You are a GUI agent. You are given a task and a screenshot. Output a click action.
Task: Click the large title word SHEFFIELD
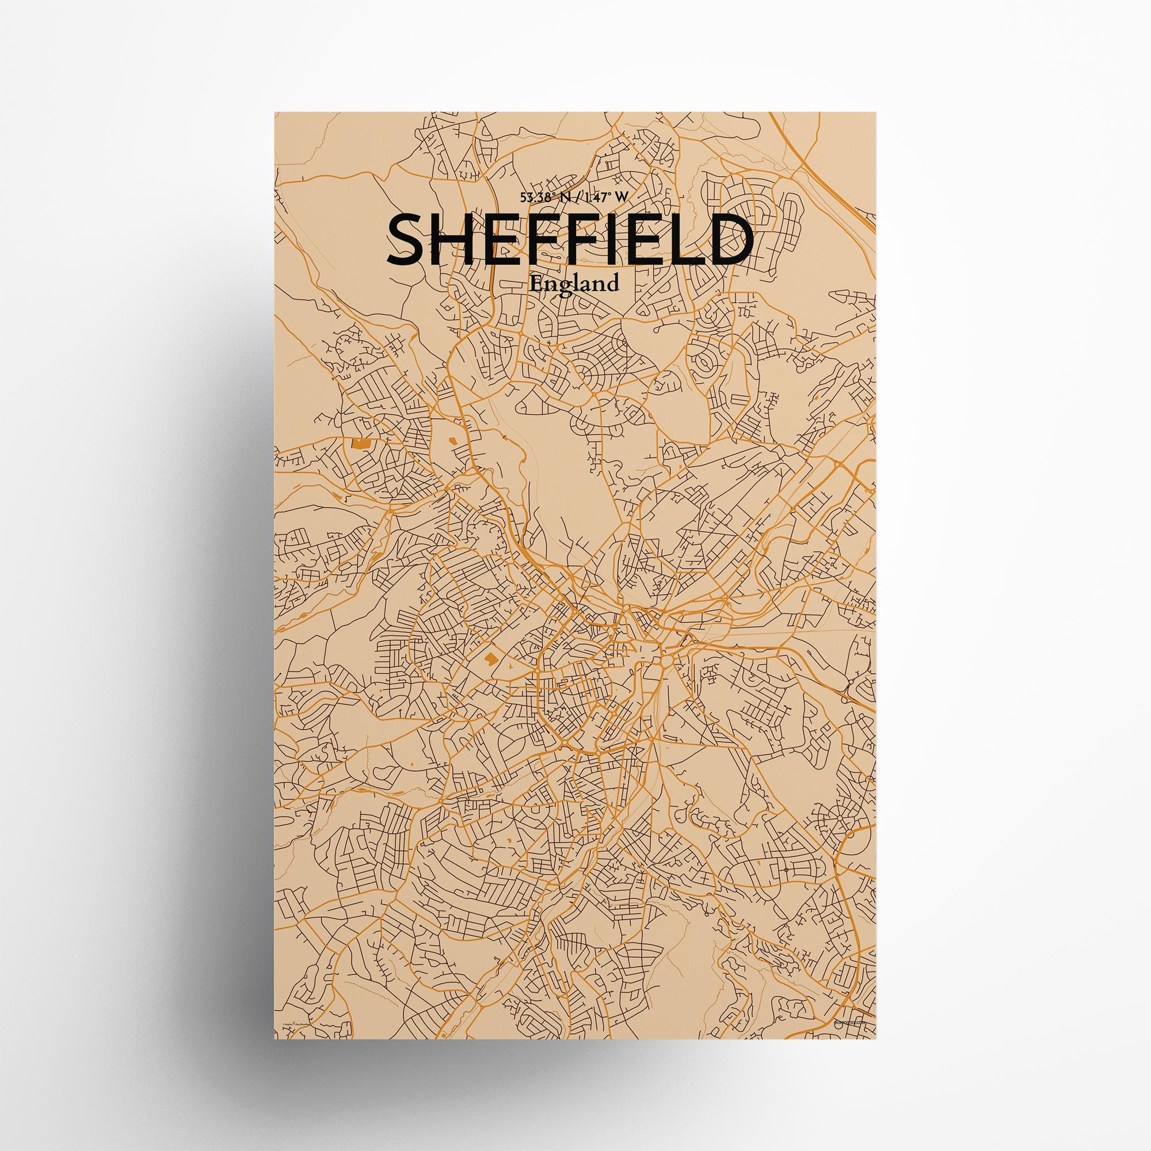[x=570, y=239]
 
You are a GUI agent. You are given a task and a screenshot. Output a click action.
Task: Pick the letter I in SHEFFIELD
[x=609, y=239]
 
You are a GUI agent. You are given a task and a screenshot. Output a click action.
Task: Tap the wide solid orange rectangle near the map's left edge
[x=360, y=443]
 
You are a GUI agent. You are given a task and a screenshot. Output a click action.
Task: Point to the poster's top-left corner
[x=275, y=113]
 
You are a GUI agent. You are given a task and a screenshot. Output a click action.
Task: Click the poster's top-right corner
[x=876, y=113]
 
